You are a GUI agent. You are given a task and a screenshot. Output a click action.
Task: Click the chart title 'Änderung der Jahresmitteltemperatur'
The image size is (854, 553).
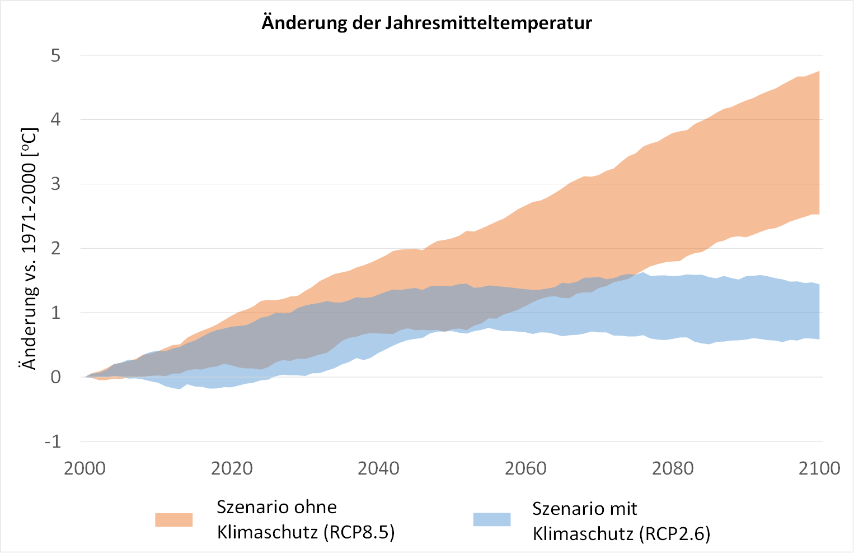(426, 23)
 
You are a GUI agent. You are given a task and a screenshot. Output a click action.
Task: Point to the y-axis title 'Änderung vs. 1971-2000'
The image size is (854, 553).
(29, 249)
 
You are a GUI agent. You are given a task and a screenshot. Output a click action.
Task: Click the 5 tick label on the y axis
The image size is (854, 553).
(55, 55)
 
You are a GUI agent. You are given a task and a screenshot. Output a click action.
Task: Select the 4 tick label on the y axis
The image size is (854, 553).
(55, 119)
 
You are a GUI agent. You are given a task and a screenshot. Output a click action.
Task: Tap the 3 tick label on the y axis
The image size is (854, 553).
(55, 184)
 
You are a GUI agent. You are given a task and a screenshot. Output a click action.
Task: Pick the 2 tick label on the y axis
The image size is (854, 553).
(55, 248)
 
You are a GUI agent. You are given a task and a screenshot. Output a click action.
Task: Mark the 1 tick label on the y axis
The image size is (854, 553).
(55, 313)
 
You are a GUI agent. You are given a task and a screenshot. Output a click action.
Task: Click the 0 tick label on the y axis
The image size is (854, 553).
(55, 377)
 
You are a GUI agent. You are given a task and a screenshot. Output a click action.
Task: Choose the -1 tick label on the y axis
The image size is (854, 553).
(53, 442)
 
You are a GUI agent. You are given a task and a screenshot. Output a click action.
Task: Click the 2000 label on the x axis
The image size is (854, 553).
(85, 468)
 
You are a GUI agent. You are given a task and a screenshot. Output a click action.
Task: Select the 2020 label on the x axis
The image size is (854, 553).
(232, 468)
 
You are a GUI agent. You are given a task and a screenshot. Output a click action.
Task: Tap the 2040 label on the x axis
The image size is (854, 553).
(379, 468)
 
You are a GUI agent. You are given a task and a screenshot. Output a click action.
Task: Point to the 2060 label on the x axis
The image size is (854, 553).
(525, 468)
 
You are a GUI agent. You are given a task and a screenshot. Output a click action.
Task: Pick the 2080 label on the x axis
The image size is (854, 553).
(673, 468)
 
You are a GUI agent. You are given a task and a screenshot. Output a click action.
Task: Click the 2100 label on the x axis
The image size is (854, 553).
(819, 468)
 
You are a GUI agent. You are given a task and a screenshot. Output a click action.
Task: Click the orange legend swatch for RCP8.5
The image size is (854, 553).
(174, 520)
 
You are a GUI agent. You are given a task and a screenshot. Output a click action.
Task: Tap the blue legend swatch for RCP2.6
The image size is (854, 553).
(492, 520)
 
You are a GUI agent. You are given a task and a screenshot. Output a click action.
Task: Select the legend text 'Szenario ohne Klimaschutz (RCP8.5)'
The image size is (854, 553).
(306, 519)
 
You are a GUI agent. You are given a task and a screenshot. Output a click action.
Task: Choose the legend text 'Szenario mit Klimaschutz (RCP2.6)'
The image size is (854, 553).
(621, 521)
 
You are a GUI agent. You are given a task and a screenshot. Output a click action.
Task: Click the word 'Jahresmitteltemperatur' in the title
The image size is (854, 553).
(488, 23)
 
